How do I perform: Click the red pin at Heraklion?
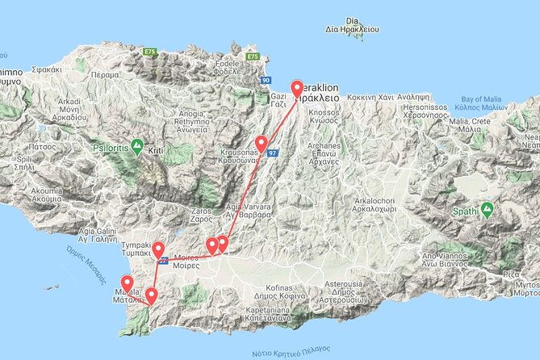296,90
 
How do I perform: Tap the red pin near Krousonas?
261,143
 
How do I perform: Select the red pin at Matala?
127,283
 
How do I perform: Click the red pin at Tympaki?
158,249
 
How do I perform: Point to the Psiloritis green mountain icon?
138,147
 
